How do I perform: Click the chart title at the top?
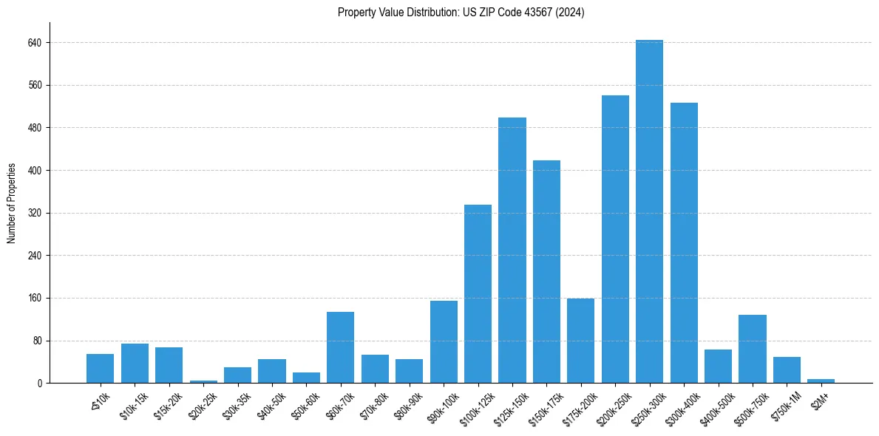tap(461, 13)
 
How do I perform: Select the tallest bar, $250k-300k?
tap(649, 211)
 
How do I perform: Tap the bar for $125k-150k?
tap(512, 250)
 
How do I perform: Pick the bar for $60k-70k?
tap(340, 347)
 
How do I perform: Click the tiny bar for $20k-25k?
tap(203, 381)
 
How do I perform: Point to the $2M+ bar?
tap(821, 381)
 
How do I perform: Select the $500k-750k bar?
tap(752, 349)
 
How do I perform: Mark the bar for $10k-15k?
tap(135, 364)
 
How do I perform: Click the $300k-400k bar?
tap(684, 242)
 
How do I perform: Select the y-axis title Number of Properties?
tap(12, 202)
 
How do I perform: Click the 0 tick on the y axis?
tap(41, 383)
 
